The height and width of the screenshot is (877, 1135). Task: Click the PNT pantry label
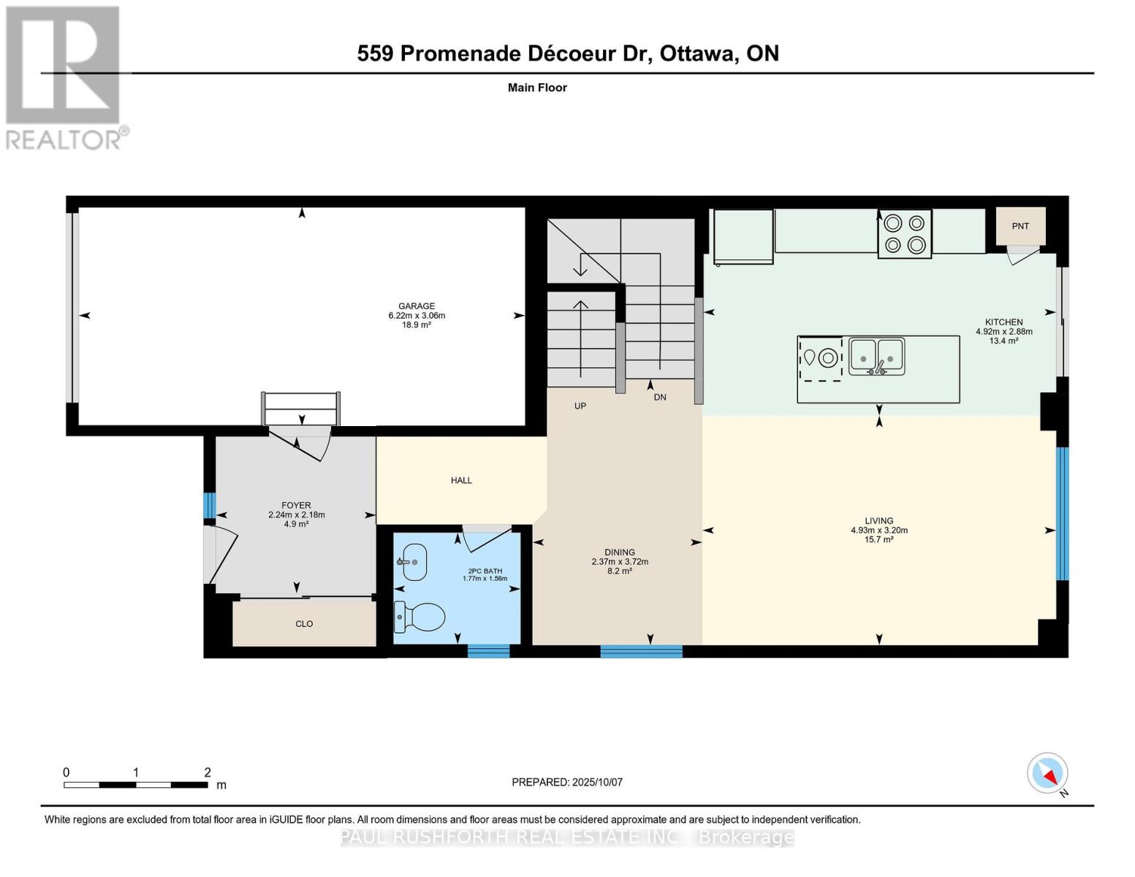(1020, 226)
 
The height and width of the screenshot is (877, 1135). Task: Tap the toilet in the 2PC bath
(419, 617)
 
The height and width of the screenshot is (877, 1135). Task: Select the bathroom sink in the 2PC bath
(412, 562)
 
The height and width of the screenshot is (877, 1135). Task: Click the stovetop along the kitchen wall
(905, 234)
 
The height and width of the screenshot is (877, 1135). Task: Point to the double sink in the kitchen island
(876, 357)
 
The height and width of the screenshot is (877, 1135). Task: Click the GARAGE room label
(417, 306)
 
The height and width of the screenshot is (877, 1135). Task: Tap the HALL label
(461, 480)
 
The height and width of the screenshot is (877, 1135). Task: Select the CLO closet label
(304, 623)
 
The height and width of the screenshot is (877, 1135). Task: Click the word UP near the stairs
(580, 406)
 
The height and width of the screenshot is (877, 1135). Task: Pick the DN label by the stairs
(660, 397)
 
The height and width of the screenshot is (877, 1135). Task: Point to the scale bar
(136, 784)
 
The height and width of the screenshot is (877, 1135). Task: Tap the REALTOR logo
(65, 77)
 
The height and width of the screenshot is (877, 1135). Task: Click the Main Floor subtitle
(537, 88)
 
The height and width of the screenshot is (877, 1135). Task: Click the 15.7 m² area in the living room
(879, 539)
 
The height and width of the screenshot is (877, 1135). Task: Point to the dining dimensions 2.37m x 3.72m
(620, 561)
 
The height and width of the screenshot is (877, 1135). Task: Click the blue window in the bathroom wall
(488, 651)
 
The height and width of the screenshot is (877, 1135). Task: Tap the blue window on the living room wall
(1063, 514)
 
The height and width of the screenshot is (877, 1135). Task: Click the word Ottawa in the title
(699, 53)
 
